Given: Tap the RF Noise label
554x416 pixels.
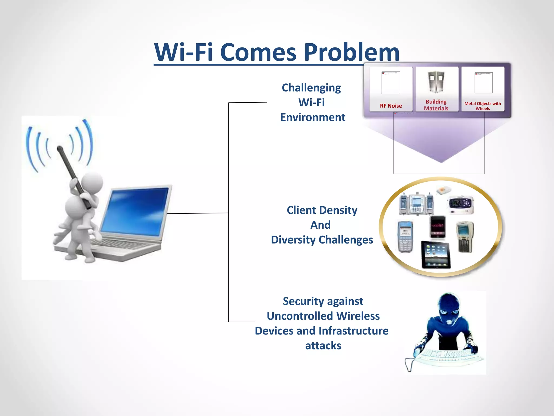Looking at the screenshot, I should tap(391, 106).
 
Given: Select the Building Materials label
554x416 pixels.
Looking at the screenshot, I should tap(436, 105).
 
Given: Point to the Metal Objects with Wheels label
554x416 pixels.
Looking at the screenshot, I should tap(483, 106).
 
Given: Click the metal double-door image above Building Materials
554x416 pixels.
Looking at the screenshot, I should tap(436, 82).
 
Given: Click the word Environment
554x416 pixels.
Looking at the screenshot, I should tap(313, 118).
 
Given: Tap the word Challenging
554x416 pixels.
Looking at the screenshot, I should tap(311, 88).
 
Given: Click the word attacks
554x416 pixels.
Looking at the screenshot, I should tap(323, 346).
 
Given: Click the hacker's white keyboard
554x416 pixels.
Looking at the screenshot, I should tap(449, 355).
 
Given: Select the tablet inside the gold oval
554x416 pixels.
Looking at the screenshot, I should tap(436, 255).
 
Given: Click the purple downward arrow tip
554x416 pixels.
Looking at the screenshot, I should tap(441, 161).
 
